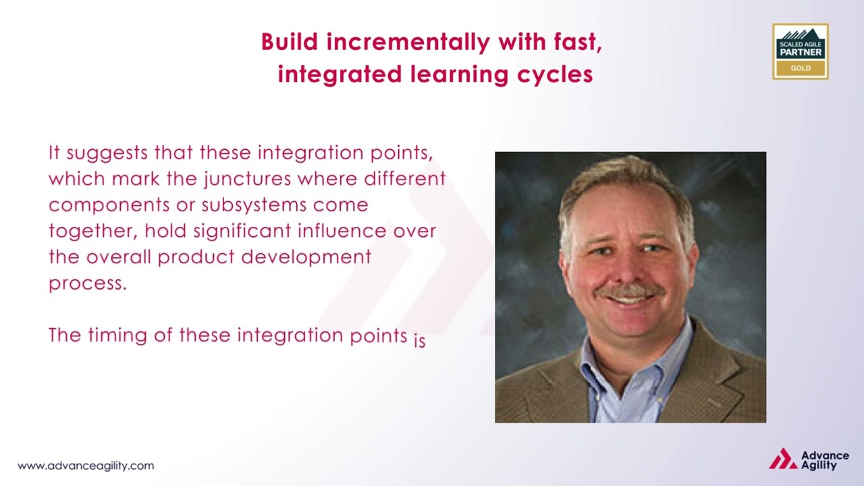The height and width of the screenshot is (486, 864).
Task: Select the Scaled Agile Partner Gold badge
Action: (x=801, y=51)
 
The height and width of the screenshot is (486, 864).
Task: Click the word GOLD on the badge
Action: (x=801, y=68)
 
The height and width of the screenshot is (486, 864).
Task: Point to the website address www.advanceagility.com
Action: (x=86, y=466)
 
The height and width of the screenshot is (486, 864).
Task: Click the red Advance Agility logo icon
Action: (x=782, y=459)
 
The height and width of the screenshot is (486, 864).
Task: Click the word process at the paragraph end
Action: (x=86, y=284)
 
